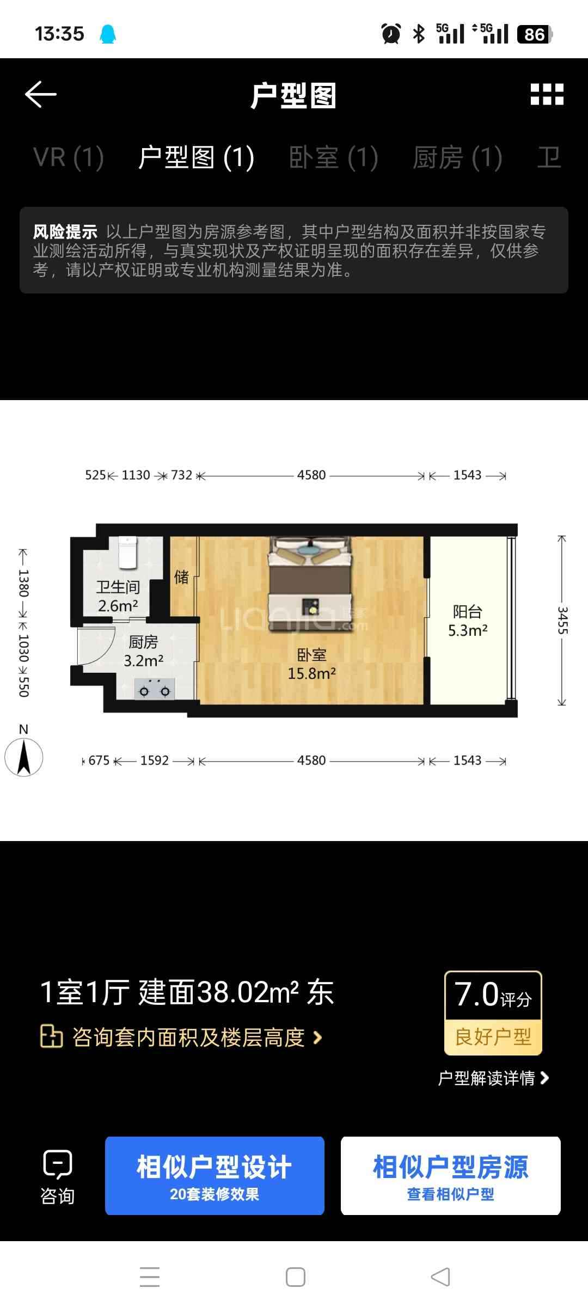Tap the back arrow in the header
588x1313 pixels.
click(x=41, y=94)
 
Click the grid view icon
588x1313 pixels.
click(x=547, y=94)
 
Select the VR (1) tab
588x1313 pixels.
click(x=69, y=158)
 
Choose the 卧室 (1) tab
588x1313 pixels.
click(x=333, y=158)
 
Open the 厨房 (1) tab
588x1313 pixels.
click(x=457, y=158)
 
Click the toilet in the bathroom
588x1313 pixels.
click(x=128, y=551)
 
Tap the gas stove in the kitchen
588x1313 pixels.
click(x=155, y=689)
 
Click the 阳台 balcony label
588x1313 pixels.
click(x=468, y=612)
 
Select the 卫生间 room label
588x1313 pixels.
click(x=118, y=587)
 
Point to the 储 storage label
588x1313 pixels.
click(x=181, y=576)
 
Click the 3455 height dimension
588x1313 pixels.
click(x=562, y=621)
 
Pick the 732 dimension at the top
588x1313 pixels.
click(x=182, y=475)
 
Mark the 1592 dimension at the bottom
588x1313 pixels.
click(x=155, y=760)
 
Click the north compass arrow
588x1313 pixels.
click(x=23, y=757)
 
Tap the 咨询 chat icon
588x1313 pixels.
click(x=58, y=1164)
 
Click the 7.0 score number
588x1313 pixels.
click(x=476, y=995)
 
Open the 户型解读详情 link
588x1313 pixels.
click(x=493, y=1078)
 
